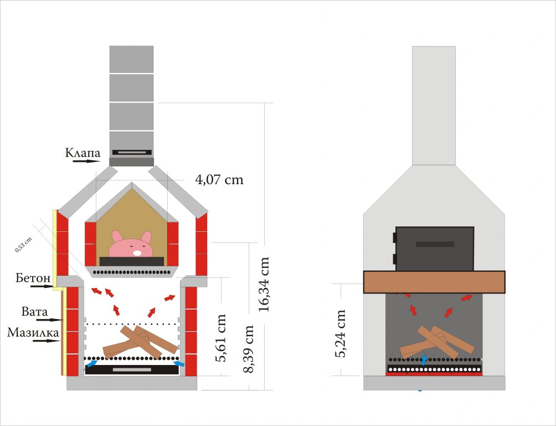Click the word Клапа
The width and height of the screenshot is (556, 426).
[x=83, y=153]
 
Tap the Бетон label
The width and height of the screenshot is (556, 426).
[x=33, y=278]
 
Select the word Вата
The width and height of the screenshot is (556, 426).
[x=34, y=312]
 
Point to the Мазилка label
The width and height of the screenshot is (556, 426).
[x=33, y=333]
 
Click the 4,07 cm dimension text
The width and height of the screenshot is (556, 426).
[x=219, y=179]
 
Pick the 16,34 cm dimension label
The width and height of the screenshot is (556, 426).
[x=264, y=284]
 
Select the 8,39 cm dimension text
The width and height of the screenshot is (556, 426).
[x=248, y=349]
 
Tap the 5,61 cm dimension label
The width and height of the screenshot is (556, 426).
[x=220, y=338]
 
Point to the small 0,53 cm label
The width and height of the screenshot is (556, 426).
[x=23, y=245]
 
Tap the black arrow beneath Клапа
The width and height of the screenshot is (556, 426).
[x=87, y=161]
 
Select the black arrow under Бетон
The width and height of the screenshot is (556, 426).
[x=42, y=286]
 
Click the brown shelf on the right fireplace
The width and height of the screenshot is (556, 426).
[x=434, y=282]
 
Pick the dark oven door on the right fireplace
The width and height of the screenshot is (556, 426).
[x=434, y=248]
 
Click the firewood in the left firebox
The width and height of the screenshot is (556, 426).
[x=140, y=342]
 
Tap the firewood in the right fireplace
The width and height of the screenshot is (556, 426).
[x=437, y=342]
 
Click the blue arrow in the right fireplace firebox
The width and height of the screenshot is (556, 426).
[x=424, y=359]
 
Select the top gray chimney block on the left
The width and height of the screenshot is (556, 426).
[x=132, y=59]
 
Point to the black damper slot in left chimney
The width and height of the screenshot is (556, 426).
[x=132, y=153]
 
